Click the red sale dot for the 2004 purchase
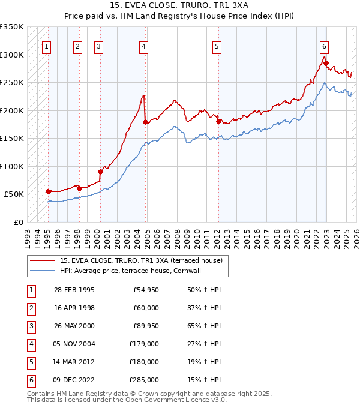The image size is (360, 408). click(x=146, y=122)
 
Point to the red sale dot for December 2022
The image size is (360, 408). click(x=326, y=62)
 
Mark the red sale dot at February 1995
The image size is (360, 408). click(x=48, y=191)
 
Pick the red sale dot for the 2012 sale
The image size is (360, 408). click(x=218, y=121)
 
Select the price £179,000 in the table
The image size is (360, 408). click(x=143, y=345)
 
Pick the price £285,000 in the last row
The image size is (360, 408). click(x=143, y=380)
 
